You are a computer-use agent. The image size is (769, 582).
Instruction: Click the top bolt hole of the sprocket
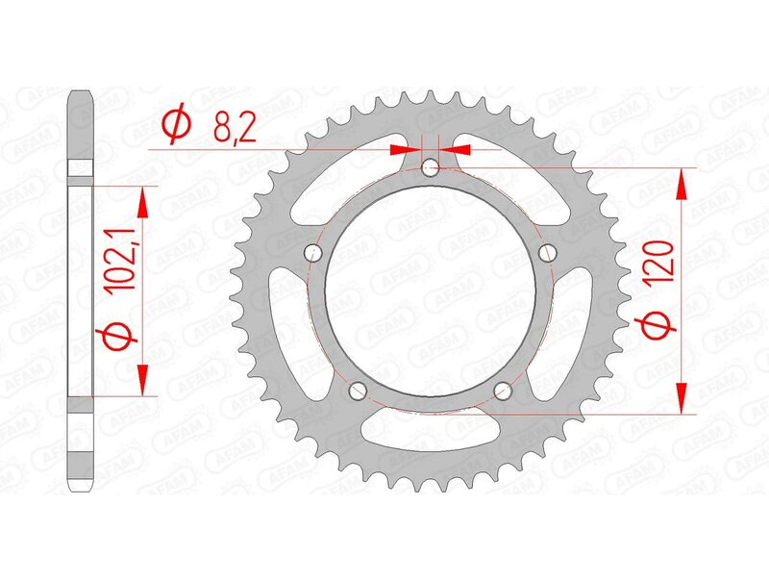[430, 169]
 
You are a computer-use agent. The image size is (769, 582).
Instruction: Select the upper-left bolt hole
[310, 253]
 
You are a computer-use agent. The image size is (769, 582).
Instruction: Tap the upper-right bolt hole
[549, 253]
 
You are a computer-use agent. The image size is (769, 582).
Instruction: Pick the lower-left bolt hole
[357, 391]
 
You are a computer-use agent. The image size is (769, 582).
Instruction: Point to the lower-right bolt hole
[503, 391]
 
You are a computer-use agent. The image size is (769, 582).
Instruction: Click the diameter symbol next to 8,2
[178, 125]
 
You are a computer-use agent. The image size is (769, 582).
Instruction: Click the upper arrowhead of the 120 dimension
[682, 184]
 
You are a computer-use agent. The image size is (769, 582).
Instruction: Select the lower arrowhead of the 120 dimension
[682, 398]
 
